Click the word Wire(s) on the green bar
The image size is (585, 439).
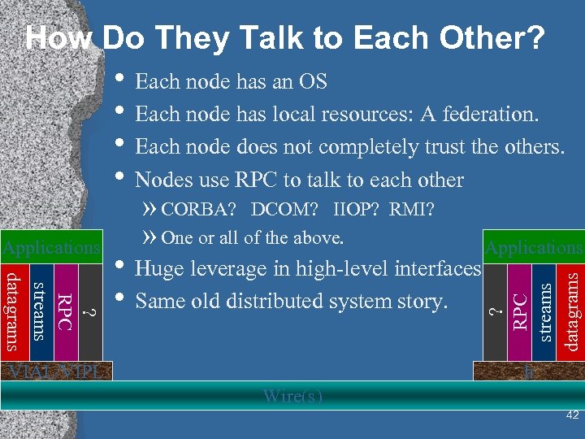point(292,397)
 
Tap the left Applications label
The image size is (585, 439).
point(51,246)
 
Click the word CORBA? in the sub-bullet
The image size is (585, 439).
point(198,211)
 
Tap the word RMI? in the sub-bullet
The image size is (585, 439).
point(412,211)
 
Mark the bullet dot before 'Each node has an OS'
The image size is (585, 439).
point(120,80)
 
